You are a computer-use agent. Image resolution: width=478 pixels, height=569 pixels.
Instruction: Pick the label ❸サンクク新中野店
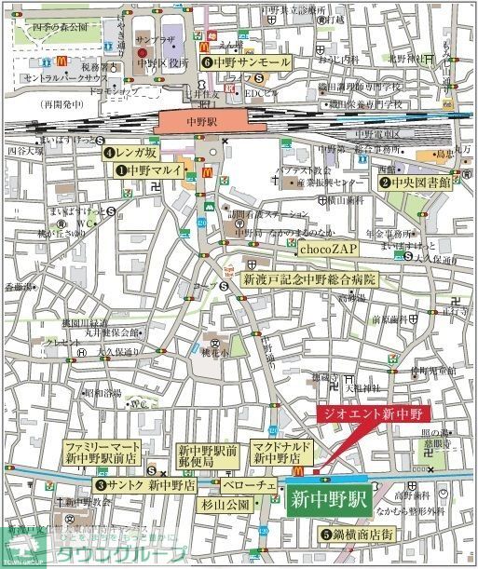pos(145,485)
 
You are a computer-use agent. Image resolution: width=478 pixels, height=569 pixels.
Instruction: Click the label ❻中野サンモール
pos(239,62)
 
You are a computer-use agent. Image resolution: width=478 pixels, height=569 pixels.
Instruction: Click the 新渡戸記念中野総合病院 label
pos(307,278)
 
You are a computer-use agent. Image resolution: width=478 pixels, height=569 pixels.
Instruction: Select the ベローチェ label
pos(247,485)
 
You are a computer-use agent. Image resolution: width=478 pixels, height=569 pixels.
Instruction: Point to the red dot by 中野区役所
pos(142,52)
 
